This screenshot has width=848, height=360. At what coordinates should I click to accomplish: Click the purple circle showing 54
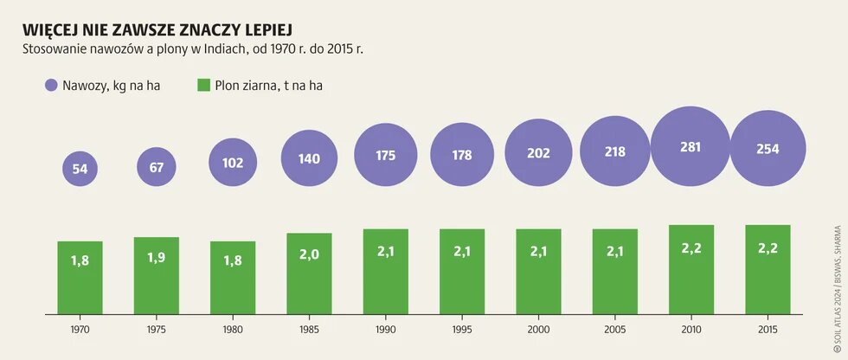[80, 169]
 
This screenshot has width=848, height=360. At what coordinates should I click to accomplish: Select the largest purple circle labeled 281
[691, 145]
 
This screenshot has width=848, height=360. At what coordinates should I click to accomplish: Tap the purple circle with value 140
[309, 158]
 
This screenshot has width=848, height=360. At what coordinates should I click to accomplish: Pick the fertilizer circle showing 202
[538, 153]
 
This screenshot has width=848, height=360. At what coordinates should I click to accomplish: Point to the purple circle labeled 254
[768, 149]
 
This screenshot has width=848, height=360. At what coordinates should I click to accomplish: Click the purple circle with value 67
[157, 166]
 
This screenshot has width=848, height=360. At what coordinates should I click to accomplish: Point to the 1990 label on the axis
[386, 330]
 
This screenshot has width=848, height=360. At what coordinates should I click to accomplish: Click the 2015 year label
[768, 330]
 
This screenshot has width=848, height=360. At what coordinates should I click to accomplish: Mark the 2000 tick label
[538, 330]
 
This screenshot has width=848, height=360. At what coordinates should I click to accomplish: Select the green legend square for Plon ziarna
[203, 85]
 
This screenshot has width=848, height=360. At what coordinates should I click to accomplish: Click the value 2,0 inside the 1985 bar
[309, 255]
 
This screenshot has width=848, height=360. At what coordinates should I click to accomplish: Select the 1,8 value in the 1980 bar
[233, 260]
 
